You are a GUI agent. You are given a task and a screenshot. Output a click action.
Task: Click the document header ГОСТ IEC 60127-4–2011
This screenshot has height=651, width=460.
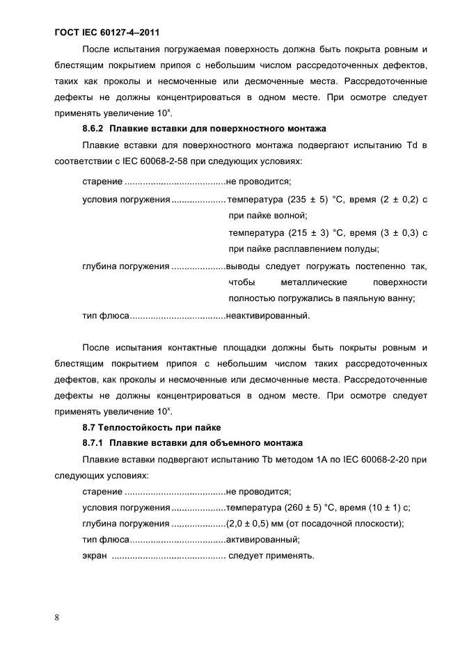click(112, 32)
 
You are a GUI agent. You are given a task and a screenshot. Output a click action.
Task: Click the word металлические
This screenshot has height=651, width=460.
click(313, 282)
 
